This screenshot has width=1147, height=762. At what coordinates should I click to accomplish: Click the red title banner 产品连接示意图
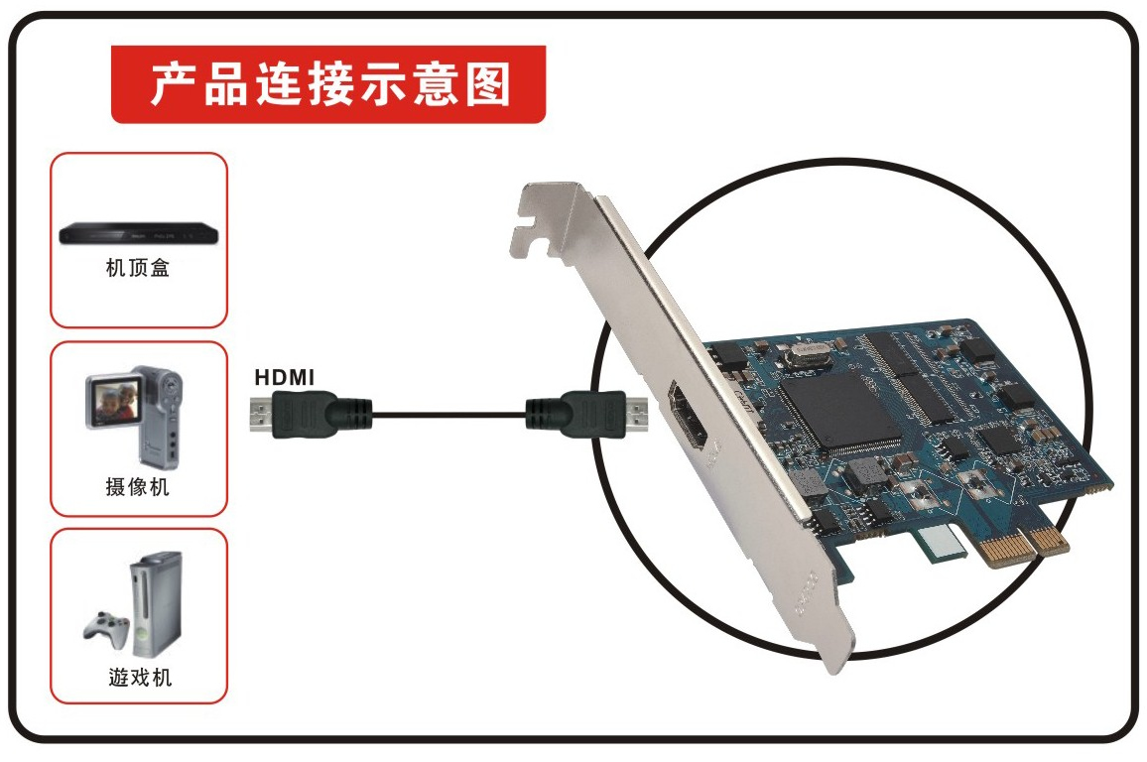point(327,84)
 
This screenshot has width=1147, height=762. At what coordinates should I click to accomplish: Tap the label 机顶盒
point(138,268)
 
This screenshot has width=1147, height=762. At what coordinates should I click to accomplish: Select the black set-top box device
point(138,233)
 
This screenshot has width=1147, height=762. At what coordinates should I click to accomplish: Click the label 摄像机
point(138,487)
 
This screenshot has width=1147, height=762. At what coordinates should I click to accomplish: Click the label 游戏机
point(138,678)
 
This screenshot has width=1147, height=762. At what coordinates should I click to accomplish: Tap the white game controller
point(105,626)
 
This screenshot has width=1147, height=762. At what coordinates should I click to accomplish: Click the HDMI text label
point(284,377)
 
